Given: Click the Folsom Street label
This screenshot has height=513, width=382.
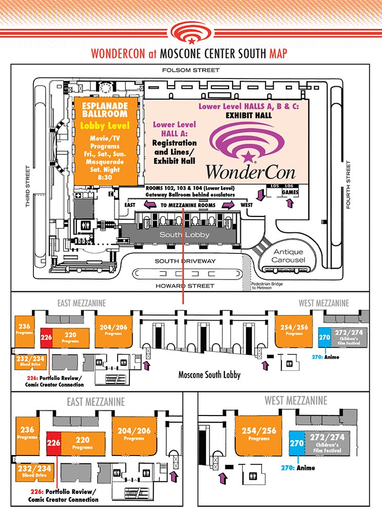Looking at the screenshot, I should (190, 70).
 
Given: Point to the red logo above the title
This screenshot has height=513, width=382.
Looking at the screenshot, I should (191, 33).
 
